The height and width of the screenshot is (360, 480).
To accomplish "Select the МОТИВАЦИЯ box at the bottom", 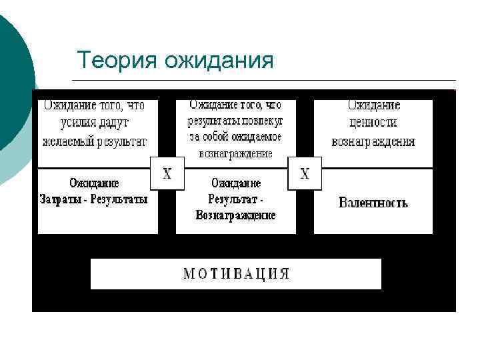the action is coord(236,273).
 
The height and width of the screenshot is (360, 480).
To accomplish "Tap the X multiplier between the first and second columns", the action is coord(167,173).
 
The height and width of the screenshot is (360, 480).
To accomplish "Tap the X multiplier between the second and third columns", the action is coord(305,173).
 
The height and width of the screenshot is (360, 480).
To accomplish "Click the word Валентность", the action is coord(373,202).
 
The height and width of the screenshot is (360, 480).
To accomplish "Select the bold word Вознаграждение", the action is coord(235,215).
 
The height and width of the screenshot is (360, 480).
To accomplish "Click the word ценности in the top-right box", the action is coord(373,123).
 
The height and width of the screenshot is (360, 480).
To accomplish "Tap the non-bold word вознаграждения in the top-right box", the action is coord(373,141).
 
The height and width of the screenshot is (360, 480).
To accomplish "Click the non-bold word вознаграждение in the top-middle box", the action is coord(235,153).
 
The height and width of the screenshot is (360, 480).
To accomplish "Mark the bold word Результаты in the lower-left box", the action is coord(120,199).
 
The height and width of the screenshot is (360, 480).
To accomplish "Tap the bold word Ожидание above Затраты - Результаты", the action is coord(94,183).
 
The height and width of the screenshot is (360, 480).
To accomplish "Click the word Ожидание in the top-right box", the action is coord(373,105).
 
